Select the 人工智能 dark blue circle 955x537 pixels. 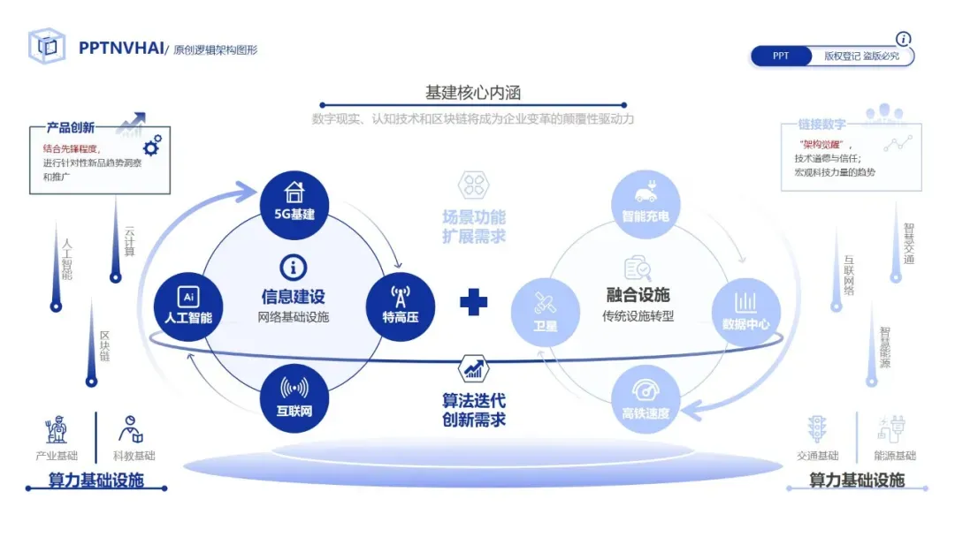click(x=187, y=305)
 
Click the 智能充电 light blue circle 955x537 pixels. click(x=646, y=203)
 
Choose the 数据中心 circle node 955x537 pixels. click(x=745, y=310)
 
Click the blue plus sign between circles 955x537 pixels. click(x=474, y=302)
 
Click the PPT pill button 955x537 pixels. click(x=781, y=56)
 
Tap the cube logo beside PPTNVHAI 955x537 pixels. click(x=47, y=47)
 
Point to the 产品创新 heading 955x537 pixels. click(x=71, y=128)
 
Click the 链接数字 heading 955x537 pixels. click(x=821, y=125)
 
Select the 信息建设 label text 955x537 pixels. click(x=293, y=297)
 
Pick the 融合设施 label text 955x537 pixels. click(x=638, y=295)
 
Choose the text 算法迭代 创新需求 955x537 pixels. click(x=474, y=410)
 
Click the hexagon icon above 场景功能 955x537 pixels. click(x=473, y=185)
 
